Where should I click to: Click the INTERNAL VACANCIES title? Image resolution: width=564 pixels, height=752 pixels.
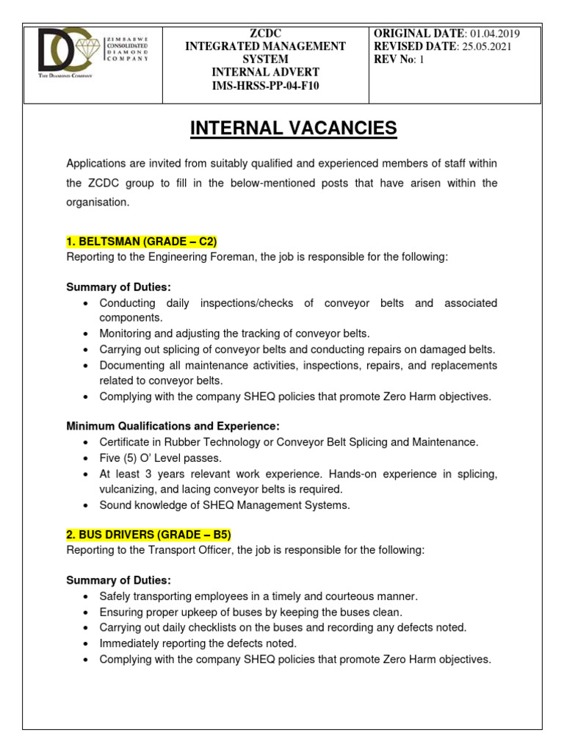[x=293, y=129]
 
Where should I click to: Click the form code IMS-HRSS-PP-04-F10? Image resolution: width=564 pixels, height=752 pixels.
[x=265, y=86]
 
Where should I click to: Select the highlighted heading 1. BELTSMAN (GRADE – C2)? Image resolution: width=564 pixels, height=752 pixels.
[x=142, y=242]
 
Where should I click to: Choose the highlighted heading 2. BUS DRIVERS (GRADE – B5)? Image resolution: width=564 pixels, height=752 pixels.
[x=149, y=534]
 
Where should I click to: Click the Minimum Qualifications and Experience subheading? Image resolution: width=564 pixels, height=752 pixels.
[x=173, y=426]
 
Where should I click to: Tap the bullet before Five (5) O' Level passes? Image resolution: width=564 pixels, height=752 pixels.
[x=87, y=458]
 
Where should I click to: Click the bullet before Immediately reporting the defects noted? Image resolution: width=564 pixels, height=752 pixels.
[x=87, y=644]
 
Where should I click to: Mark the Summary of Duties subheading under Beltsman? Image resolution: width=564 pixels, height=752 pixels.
[x=118, y=287]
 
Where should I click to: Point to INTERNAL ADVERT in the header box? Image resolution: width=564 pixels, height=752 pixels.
[x=265, y=73]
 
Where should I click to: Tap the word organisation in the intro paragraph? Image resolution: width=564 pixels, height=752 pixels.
[x=98, y=202]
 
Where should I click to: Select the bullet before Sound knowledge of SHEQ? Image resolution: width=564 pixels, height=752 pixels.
[x=87, y=505]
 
